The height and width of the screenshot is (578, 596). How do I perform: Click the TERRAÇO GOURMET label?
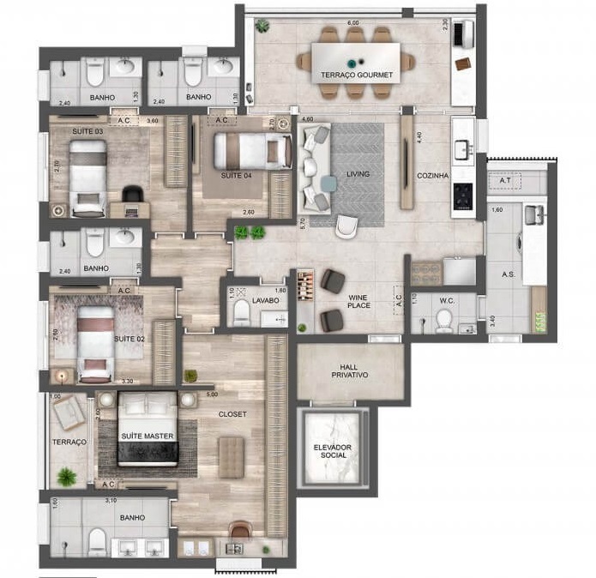tap(357, 75)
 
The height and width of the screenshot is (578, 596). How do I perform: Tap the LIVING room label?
tap(358, 174)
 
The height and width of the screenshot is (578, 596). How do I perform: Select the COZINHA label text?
tap(432, 175)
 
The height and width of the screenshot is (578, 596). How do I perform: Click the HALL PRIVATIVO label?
tap(349, 370)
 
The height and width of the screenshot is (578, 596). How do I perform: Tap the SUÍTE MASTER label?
tap(147, 437)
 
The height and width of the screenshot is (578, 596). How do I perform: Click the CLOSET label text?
tap(232, 414)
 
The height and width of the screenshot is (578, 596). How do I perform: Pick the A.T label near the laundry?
tap(504, 181)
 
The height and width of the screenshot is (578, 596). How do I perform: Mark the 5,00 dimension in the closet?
tap(213, 394)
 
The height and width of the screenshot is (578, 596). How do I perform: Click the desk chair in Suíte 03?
tap(131, 196)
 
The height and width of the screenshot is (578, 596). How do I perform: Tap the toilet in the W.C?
tap(444, 321)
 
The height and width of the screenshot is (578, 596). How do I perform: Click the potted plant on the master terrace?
tap(63, 475)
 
